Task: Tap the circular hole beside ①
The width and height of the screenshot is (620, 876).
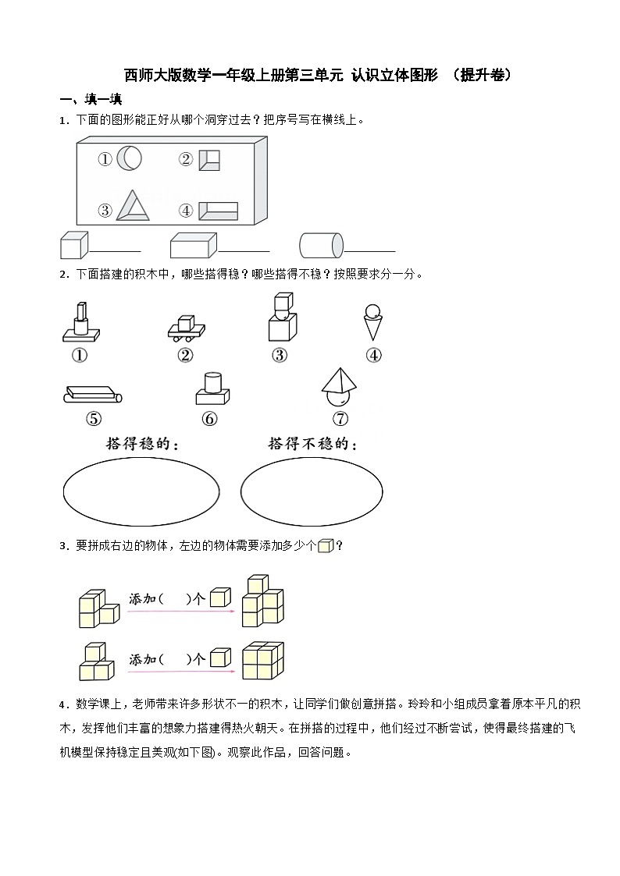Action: coord(130,159)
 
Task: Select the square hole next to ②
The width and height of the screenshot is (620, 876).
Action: coord(209,160)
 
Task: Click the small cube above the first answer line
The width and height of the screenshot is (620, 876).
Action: coord(73,245)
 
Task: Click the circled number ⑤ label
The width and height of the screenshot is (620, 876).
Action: coord(94,419)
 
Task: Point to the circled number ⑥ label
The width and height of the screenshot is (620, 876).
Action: coord(209,419)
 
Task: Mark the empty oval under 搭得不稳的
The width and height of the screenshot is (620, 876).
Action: coord(312,491)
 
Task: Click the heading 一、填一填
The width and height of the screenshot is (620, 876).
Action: coord(91,99)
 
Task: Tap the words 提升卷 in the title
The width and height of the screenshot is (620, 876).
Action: coord(486,75)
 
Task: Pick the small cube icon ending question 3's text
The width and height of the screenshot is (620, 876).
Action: coord(326,546)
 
